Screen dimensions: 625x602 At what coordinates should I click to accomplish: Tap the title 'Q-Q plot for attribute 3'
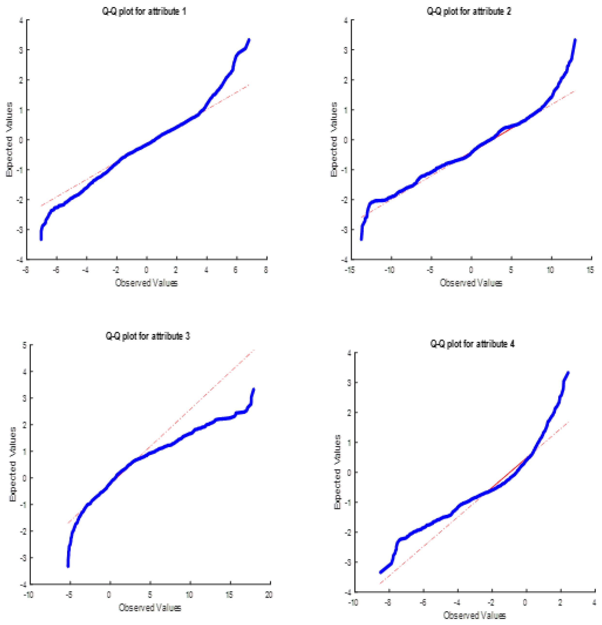click(x=148, y=336)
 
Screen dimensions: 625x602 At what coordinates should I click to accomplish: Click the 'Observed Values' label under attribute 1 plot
click(x=146, y=283)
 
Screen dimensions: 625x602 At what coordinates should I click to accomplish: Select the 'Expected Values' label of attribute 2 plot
click(x=333, y=139)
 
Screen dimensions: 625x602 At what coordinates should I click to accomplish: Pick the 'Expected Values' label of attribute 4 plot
click(x=337, y=472)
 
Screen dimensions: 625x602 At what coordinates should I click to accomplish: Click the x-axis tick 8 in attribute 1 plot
click(x=266, y=270)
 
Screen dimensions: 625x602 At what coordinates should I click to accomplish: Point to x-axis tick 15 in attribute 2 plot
click(x=590, y=270)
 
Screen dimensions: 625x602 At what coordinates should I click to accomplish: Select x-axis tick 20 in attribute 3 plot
click(x=269, y=595)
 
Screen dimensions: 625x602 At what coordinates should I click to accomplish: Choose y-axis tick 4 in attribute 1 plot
click(x=21, y=20)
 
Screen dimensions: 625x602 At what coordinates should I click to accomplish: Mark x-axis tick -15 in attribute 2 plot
click(x=350, y=270)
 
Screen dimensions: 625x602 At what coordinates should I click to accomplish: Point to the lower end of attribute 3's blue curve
click(x=68, y=566)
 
